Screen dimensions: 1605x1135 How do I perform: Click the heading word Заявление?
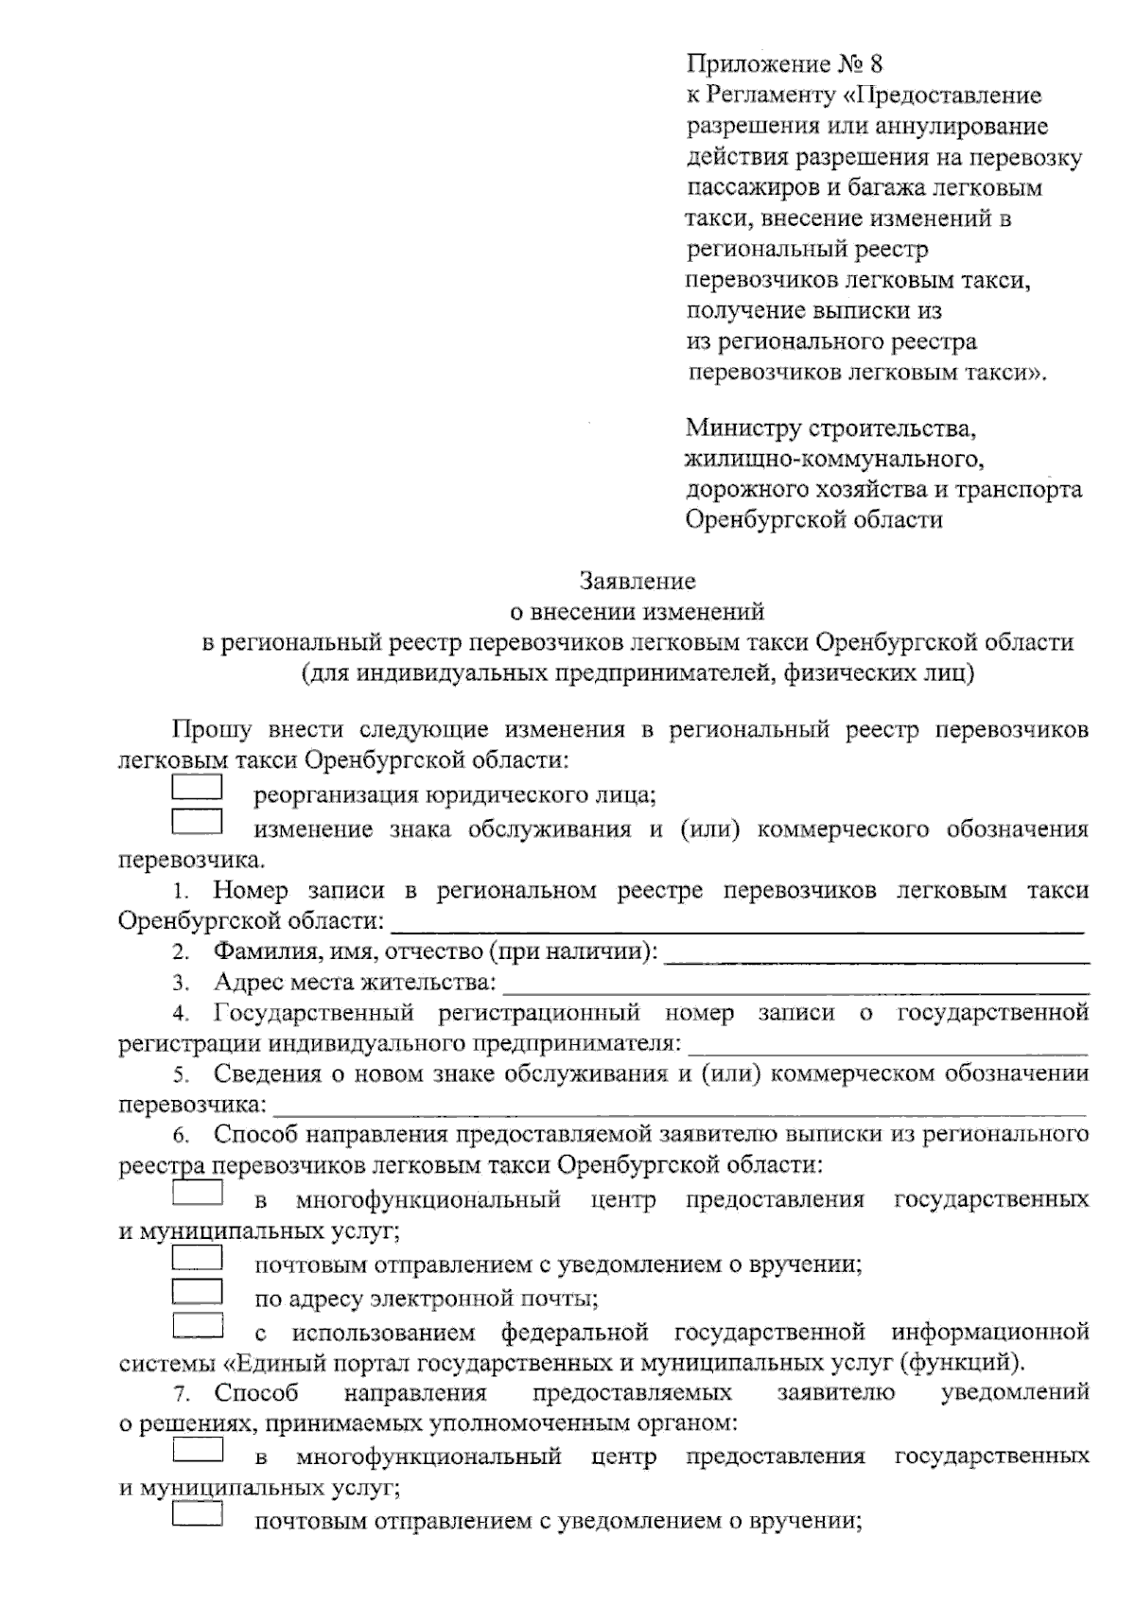click(637, 580)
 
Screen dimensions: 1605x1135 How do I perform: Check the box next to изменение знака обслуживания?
click(197, 822)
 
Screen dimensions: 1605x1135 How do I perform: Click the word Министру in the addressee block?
click(742, 427)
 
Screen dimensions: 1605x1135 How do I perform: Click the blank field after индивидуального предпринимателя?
click(887, 1047)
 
